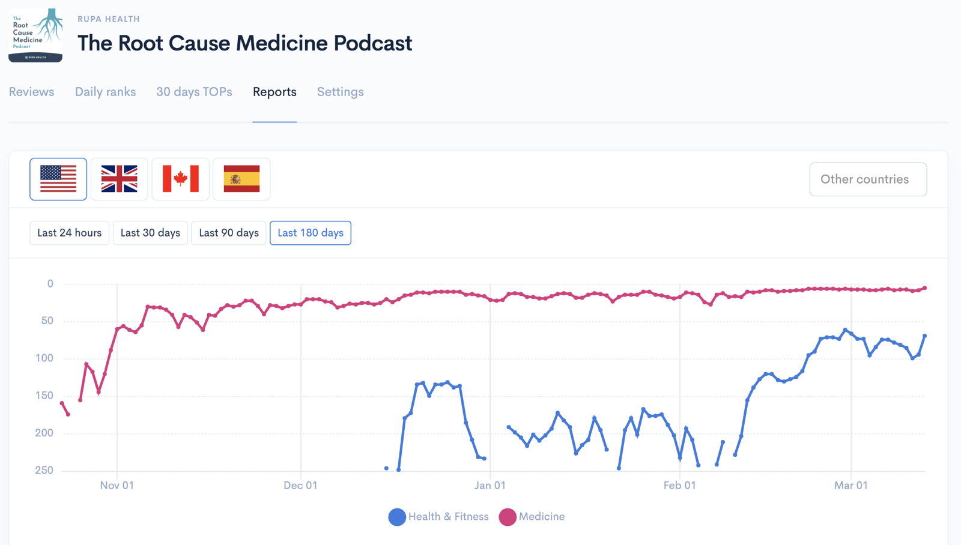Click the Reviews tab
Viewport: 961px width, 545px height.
[31, 92]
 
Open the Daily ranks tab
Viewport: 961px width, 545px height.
[105, 92]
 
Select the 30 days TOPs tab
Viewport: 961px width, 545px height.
[194, 92]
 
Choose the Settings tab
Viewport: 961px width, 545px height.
[340, 92]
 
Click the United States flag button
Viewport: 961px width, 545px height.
[58, 179]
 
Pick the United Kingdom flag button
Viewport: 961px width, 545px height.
[120, 179]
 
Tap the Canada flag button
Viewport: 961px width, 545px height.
[181, 179]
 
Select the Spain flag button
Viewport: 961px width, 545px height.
[241, 179]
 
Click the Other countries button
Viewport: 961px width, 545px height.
[868, 179]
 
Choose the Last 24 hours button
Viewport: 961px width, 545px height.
[70, 233]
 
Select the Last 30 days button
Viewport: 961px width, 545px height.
[150, 233]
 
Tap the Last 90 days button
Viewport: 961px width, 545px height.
[229, 233]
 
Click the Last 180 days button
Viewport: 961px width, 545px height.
[311, 233]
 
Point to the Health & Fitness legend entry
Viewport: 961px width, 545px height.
[438, 517]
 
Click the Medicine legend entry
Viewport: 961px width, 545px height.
[532, 517]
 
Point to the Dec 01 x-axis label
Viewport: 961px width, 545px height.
[300, 486]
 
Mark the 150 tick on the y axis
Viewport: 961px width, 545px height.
[44, 396]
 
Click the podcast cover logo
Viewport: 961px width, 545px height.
[35, 35]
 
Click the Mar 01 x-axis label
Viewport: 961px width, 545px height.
[850, 486]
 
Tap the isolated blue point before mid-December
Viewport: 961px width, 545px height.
[387, 468]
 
